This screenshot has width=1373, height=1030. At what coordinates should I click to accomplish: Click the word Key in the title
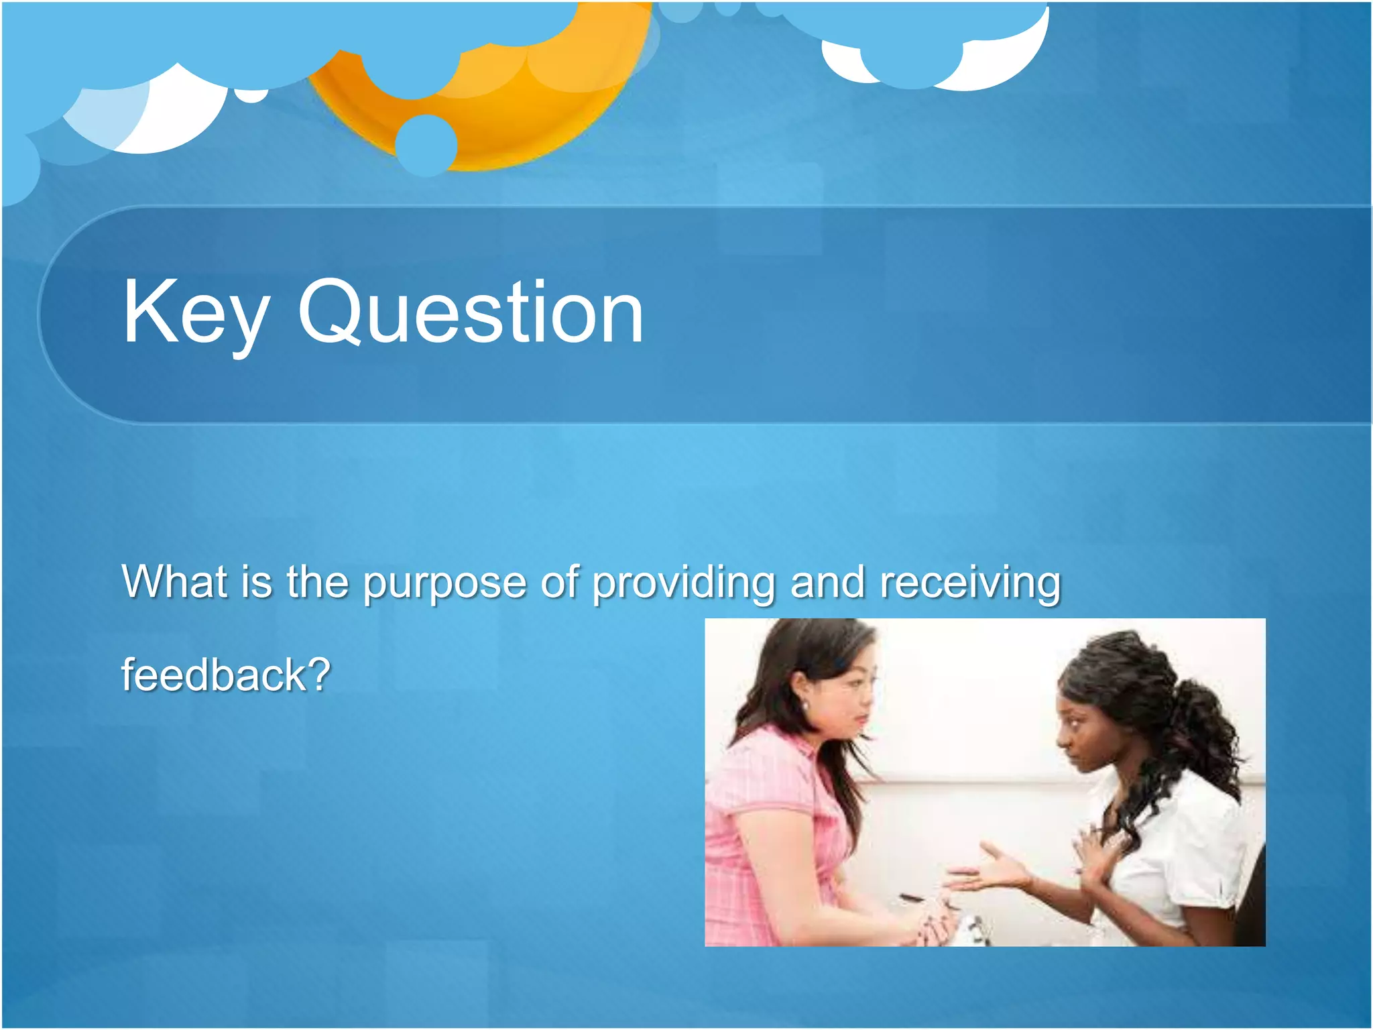point(196,314)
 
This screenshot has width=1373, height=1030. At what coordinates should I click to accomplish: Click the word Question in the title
point(471,312)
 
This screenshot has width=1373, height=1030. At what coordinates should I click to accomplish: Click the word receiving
point(970,582)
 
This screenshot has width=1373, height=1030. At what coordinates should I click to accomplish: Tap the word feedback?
point(226,675)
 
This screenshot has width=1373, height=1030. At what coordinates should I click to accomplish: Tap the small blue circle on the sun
point(426,145)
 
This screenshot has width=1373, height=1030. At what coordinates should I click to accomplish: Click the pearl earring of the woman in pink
point(804,706)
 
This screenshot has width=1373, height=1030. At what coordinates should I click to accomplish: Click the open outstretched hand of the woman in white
point(992,872)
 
